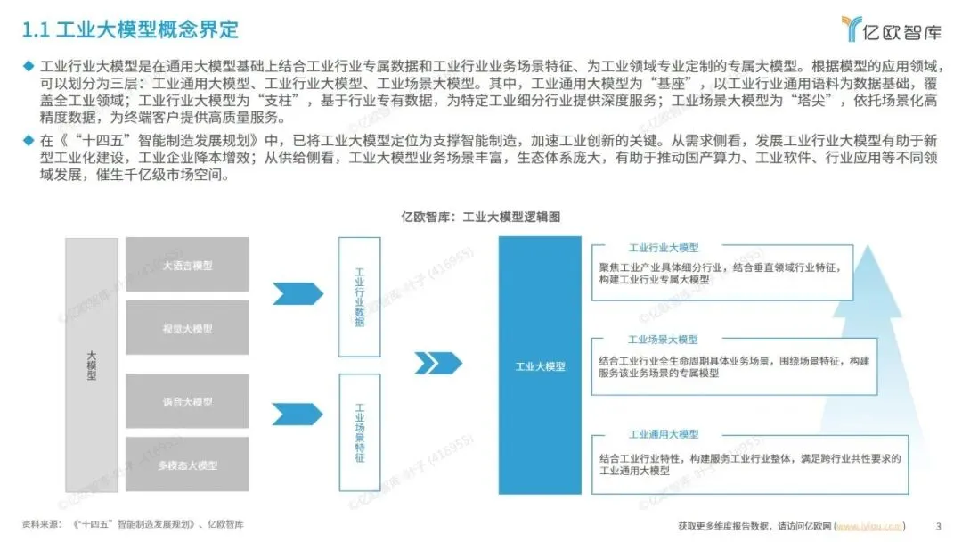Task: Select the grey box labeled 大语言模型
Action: tap(188, 266)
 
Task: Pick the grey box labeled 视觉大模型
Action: tap(188, 329)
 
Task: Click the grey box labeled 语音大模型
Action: tap(188, 402)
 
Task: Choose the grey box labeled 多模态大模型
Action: tap(188, 464)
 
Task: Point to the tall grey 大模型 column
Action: tap(91, 365)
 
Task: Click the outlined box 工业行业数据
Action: tap(360, 297)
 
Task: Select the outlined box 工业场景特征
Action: tap(360, 433)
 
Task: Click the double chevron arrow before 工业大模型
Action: tap(438, 363)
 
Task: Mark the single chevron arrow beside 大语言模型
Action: tap(298, 293)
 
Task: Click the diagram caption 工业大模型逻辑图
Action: tap(480, 217)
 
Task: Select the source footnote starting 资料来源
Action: tap(133, 524)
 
